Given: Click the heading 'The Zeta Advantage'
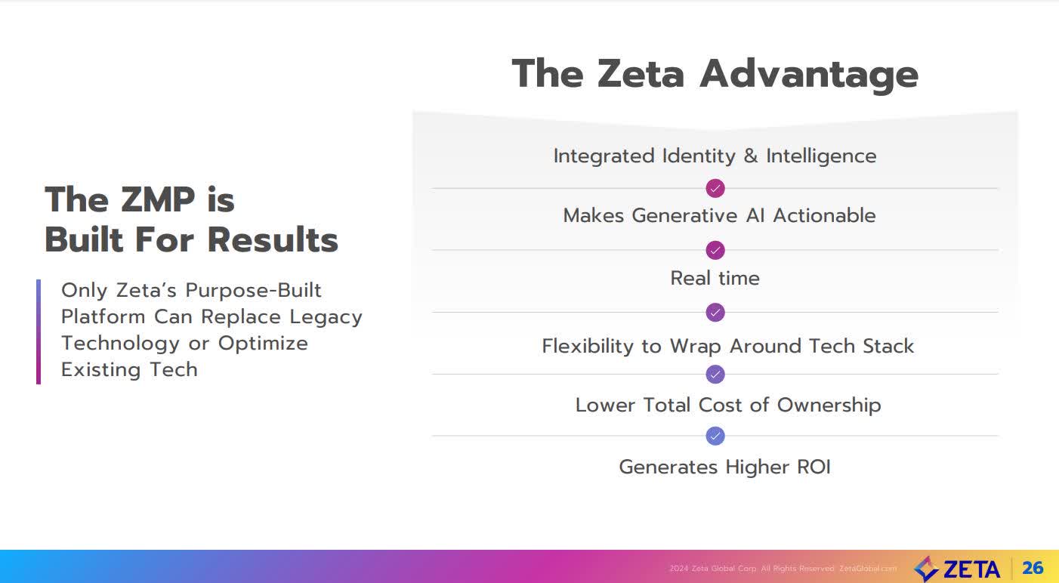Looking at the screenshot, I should [715, 74].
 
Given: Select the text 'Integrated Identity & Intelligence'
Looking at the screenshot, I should [715, 156].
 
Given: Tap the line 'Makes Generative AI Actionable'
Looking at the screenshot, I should [719, 216].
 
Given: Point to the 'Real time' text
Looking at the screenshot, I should [715, 278].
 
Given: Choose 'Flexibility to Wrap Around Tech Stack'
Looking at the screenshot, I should [727, 346].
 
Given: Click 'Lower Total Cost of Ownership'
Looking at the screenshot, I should [727, 405].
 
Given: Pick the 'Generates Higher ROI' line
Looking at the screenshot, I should [724, 467].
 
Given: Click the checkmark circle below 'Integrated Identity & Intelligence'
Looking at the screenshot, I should [715, 188].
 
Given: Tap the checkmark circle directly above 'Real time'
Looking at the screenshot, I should [715, 250].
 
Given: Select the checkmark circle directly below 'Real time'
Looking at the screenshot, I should [715, 312].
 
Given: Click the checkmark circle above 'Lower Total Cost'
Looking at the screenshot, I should [715, 374].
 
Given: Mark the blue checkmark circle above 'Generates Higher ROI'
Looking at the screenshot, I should [715, 436].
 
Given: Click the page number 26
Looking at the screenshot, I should [1033, 568].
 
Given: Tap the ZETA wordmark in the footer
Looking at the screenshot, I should [971, 569].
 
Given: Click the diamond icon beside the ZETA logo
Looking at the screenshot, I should [926, 569].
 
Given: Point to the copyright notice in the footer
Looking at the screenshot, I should [783, 569].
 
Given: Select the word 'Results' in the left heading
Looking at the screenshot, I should [273, 240].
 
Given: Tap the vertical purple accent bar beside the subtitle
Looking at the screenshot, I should [39, 332].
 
